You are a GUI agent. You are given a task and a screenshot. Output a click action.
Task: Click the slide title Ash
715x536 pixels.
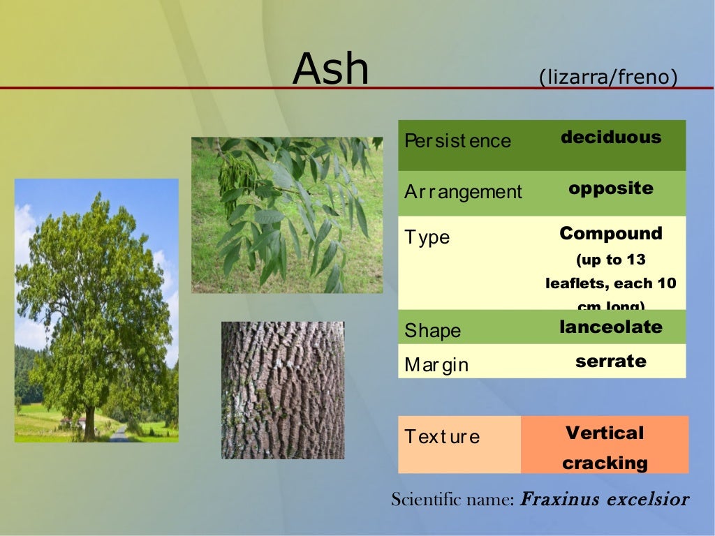pos(330,69)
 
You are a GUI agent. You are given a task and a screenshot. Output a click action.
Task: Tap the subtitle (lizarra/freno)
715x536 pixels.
pos(608,77)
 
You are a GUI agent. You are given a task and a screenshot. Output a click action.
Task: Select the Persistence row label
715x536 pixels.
pos(457,141)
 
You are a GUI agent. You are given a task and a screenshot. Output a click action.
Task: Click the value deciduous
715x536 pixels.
pos(611,137)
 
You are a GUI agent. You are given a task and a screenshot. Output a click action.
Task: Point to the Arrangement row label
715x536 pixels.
pos(463,192)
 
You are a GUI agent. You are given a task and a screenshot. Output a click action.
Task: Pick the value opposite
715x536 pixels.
pos(611,188)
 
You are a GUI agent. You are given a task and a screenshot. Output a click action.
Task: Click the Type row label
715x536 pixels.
pos(427,237)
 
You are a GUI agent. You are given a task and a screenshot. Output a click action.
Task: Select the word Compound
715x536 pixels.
pos(611,233)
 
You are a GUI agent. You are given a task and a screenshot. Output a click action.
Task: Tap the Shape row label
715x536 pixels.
pos(432,330)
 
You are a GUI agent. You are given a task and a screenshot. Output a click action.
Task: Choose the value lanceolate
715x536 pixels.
pos(611,327)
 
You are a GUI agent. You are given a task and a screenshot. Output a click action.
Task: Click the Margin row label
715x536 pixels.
pos(436,364)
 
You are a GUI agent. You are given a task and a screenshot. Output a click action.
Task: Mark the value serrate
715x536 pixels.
pos(611,361)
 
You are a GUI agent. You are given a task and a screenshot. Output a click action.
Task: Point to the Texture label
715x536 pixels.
pos(442,437)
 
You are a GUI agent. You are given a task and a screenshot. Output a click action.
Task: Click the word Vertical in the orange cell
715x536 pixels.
pos(605,433)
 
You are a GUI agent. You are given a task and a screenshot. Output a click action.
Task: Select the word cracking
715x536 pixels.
pos(605,463)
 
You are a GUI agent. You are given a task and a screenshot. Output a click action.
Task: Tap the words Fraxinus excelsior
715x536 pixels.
pos(605,500)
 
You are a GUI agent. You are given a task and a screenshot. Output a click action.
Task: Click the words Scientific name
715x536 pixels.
pos(452,500)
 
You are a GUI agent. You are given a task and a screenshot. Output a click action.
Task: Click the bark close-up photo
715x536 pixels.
pos(283,390)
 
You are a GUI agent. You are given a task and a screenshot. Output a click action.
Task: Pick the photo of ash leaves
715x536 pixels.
pos(287,215)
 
